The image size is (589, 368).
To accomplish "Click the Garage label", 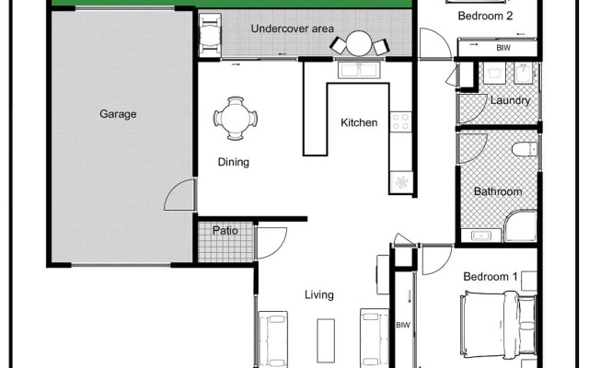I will pos(118,115).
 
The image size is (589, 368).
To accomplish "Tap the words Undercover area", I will pos(292,29).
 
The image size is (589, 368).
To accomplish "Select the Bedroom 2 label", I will pos(485,16).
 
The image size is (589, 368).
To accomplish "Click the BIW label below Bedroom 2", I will pos(503,47).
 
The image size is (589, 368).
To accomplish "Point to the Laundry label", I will pos(510,100).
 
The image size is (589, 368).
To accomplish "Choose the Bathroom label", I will pos(498,192).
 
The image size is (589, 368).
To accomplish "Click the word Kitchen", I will pos(359,122).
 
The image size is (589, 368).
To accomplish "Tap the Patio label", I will pos(225,231).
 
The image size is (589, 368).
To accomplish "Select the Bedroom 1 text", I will pos(489,277).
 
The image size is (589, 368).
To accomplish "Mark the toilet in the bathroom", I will pos(525,152).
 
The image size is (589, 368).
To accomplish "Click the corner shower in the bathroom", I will pos(521,225).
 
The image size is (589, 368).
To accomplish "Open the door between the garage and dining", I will pos(180,195).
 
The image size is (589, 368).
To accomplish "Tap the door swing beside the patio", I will pos(271,241).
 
